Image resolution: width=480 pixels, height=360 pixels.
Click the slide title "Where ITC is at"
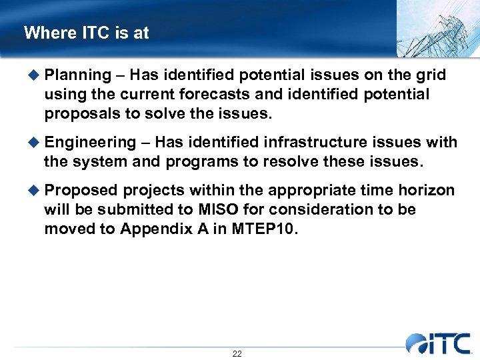(x=86, y=33)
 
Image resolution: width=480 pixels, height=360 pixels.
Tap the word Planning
(x=79, y=75)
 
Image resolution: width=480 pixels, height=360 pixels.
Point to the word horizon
(x=426, y=191)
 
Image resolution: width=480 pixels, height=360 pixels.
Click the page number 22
(x=237, y=353)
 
